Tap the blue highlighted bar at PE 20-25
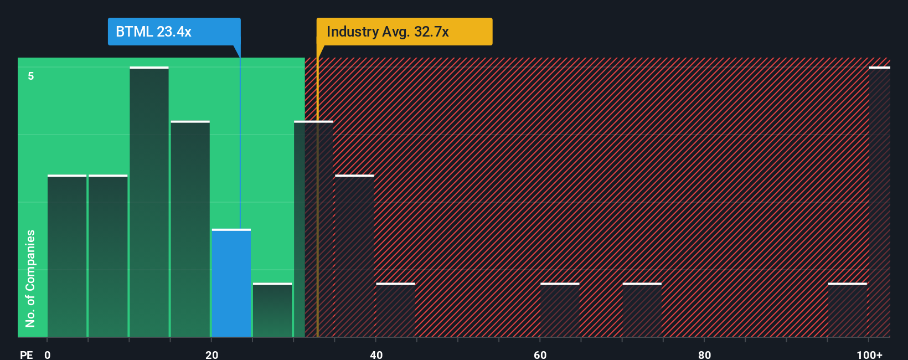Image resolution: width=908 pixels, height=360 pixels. coord(231,283)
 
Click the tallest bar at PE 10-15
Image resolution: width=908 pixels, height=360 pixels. coord(149,202)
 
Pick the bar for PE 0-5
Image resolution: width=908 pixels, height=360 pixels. coord(67,256)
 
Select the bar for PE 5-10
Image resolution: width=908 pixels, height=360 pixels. coord(108,256)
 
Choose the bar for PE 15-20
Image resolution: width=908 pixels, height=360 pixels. coord(190,229)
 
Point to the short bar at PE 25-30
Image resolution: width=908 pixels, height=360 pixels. coord(272,310)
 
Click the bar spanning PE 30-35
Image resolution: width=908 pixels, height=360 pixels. coord(313,229)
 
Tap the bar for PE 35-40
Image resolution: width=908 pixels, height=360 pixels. coord(354,256)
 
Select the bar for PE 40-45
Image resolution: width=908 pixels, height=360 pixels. coord(395,310)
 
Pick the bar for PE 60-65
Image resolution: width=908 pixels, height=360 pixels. coord(560,310)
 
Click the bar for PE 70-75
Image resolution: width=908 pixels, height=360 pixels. coord(642,310)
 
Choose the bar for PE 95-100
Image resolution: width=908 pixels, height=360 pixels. coord(847,310)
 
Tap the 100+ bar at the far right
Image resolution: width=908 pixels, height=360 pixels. coord(879,202)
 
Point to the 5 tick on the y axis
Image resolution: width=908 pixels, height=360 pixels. coord(31,76)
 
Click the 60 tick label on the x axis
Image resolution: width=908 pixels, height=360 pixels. coord(540,354)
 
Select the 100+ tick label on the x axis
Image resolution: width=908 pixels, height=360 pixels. coord(870,354)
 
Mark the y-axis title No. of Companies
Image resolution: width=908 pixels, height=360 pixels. coord(30,278)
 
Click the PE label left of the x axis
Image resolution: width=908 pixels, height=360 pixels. coord(27,354)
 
